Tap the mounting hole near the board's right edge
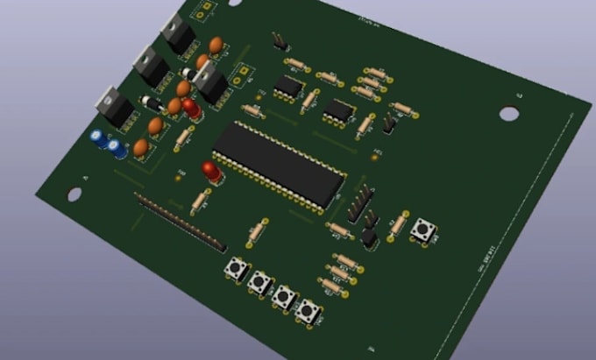(509, 113)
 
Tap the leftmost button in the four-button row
(236, 268)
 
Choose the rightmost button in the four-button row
(307, 310)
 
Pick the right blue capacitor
(117, 148)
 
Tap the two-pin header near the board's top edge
(279, 40)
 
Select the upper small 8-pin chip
(287, 85)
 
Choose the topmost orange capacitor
(215, 45)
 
